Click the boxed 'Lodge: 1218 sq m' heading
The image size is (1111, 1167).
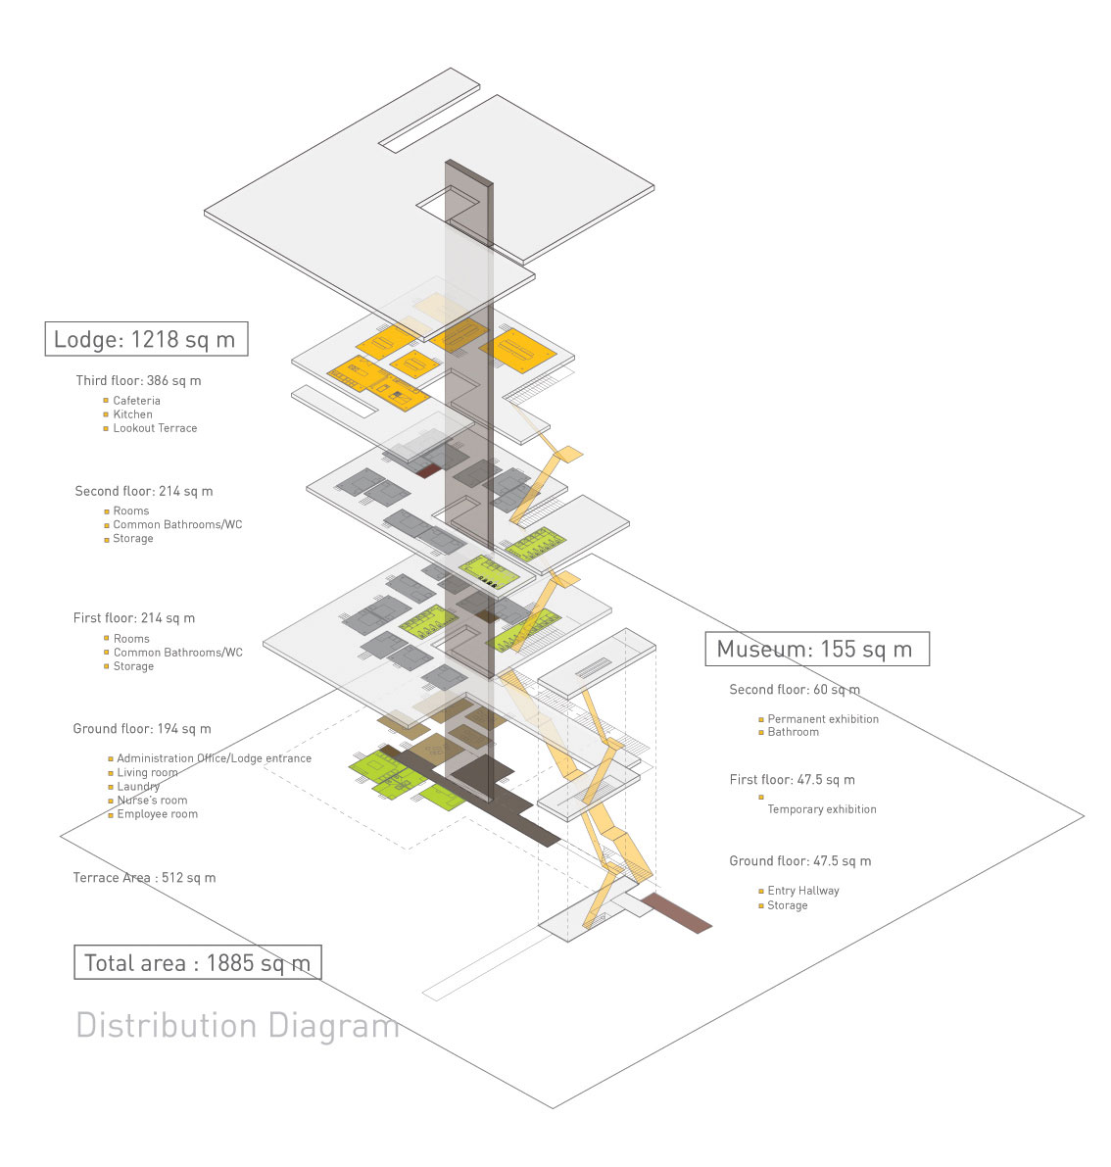pos(145,339)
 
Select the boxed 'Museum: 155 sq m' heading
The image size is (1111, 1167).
pos(815,649)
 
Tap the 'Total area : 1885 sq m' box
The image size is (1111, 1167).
pos(197,962)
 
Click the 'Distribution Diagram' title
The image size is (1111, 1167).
pos(237,1025)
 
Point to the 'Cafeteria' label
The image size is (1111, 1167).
pos(136,401)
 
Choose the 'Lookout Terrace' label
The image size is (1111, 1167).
pos(155,428)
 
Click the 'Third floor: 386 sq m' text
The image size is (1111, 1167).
pos(138,380)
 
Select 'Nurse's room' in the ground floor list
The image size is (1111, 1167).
pos(152,801)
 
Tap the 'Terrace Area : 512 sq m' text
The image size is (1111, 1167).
pos(144,878)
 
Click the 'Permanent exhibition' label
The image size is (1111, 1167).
pos(823,719)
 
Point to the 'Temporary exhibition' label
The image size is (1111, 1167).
pos(821,809)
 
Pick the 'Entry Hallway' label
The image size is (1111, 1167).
pos(803,891)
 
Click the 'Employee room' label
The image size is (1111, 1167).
pos(157,814)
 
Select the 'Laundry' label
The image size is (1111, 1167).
pos(138,787)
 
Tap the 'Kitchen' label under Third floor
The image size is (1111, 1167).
pos(132,414)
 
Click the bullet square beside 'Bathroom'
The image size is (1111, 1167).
pos(761,733)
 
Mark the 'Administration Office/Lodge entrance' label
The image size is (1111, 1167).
pos(214,758)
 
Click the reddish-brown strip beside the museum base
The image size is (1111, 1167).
pos(676,913)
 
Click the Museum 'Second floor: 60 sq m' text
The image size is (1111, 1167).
pos(795,690)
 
